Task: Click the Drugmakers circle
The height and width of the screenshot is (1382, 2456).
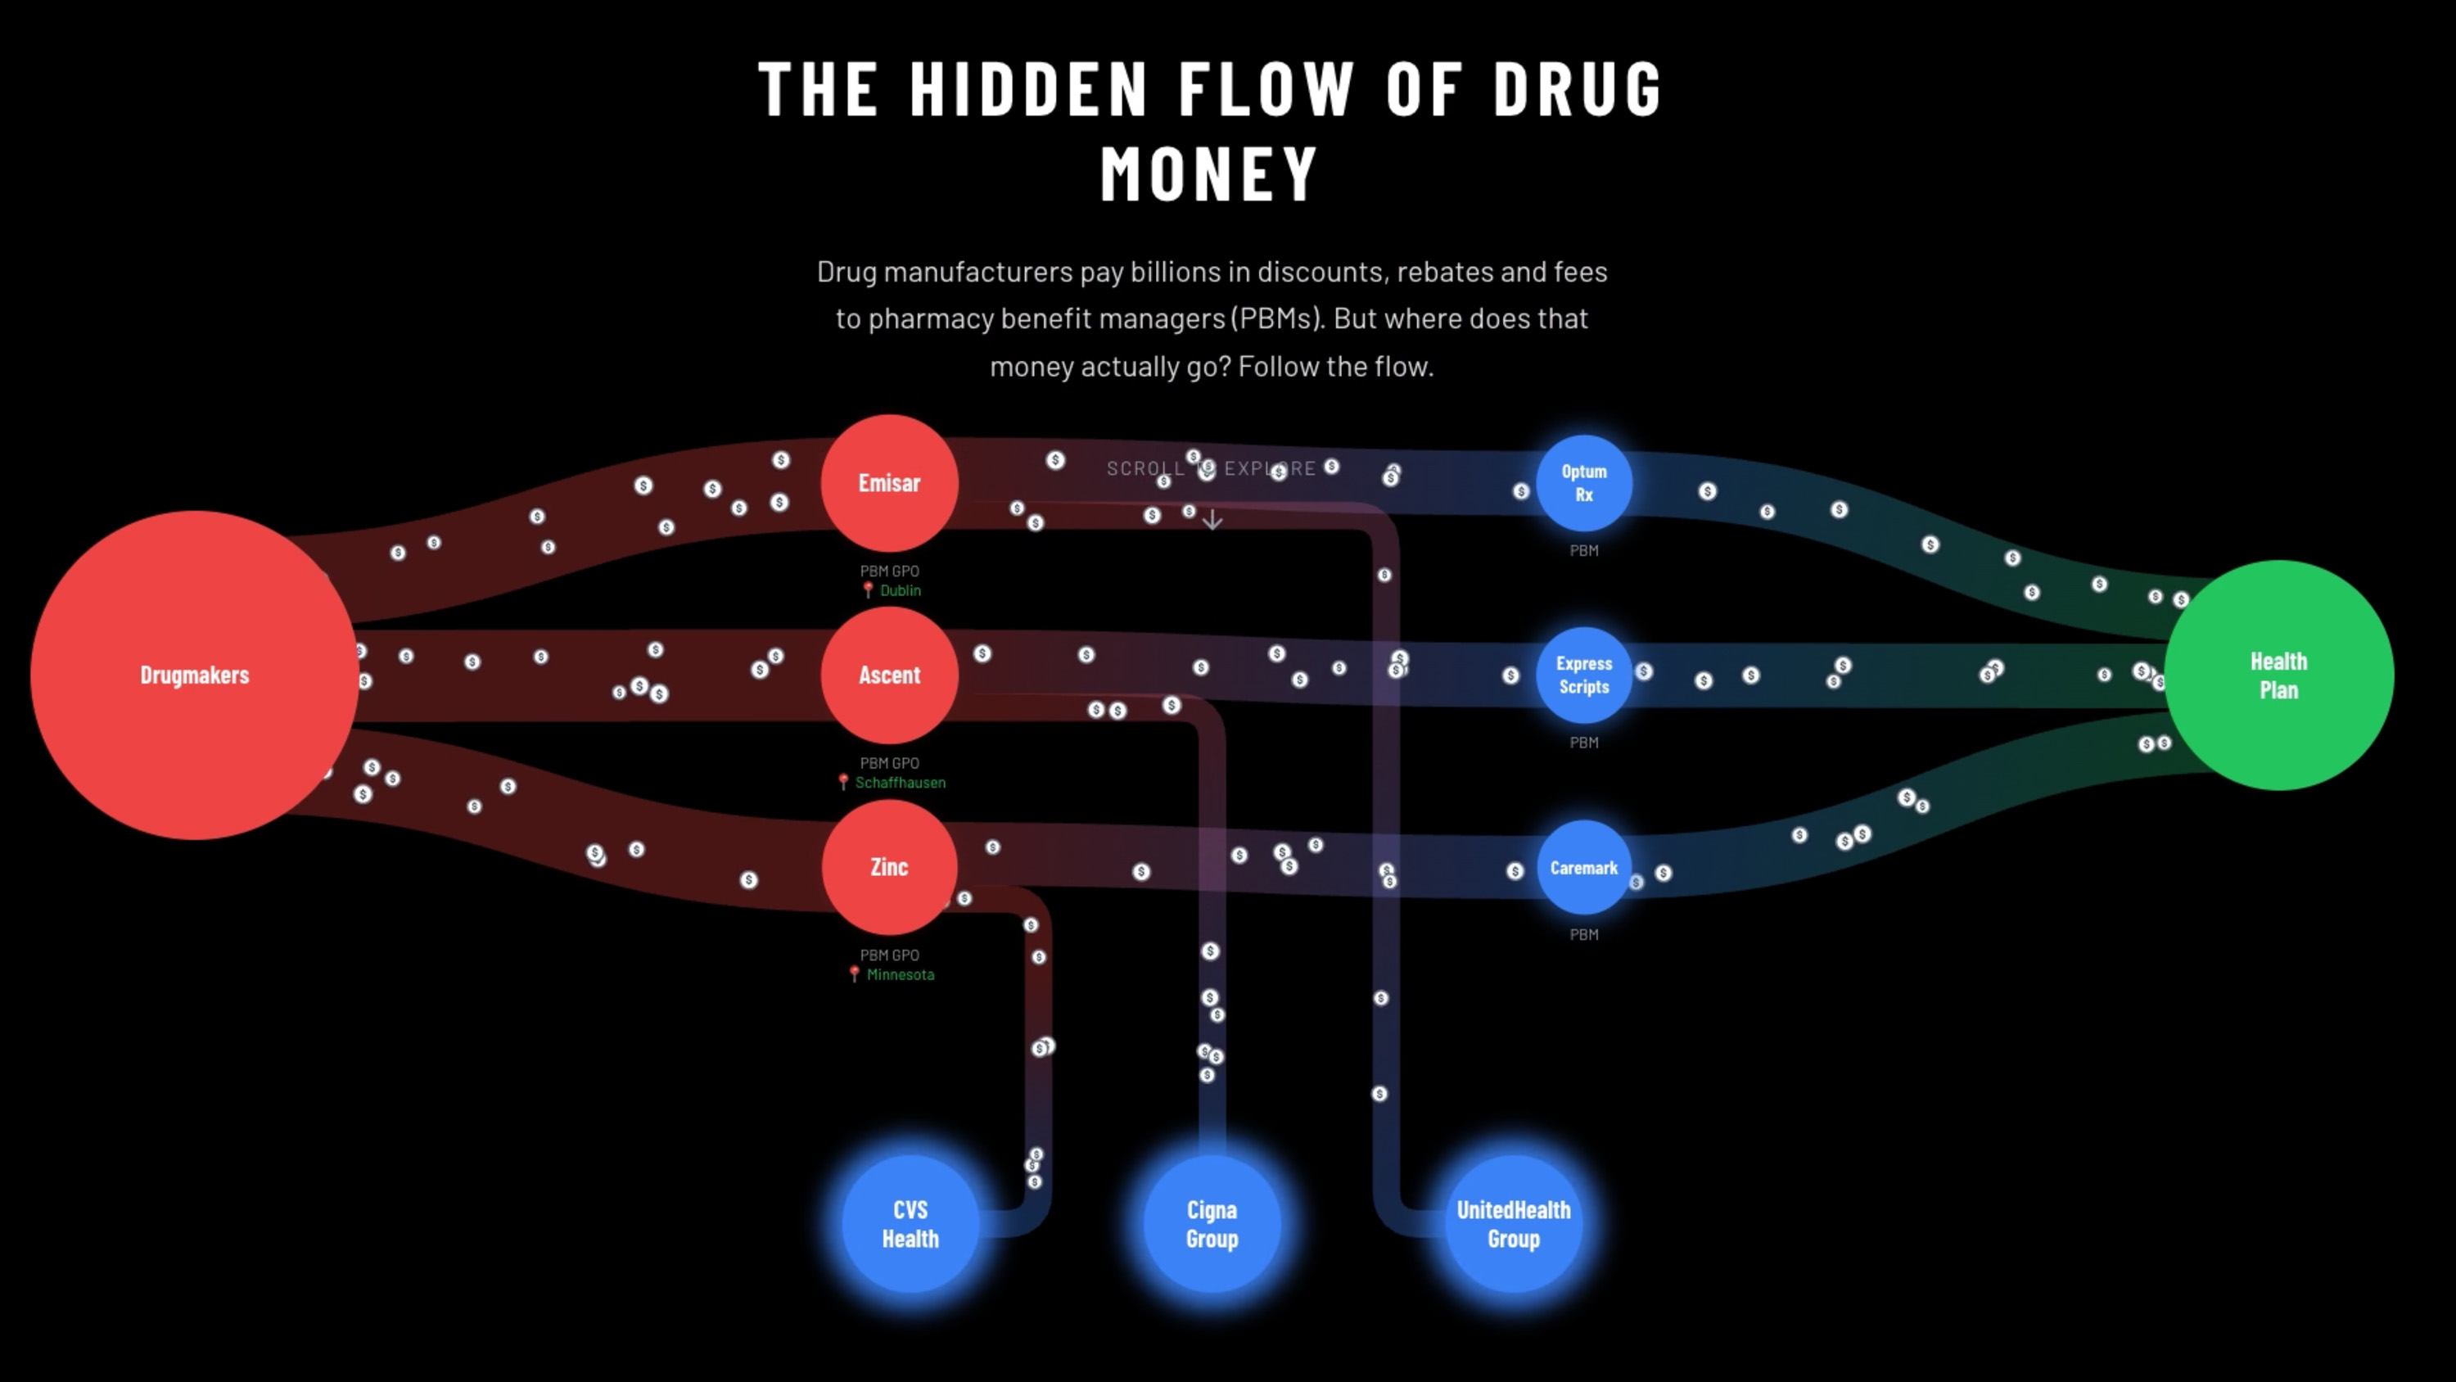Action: pos(195,675)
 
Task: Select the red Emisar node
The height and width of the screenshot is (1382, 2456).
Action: pos(888,482)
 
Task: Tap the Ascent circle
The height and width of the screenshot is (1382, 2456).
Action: pos(888,675)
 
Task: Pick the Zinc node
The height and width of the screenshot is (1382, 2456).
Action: pos(888,867)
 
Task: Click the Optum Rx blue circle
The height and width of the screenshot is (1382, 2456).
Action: pos(1583,482)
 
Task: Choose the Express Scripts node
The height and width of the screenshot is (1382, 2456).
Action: pos(1583,675)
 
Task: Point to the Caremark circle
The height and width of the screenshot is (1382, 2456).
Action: pos(1583,868)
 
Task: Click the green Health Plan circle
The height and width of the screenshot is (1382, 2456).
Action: pos(2278,675)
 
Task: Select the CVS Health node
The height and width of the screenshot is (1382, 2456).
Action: pos(910,1224)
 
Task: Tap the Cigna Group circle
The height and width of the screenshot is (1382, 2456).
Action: pos(1212,1224)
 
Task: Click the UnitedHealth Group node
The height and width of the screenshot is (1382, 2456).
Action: pos(1513,1224)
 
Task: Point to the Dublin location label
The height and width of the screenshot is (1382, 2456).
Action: pos(899,590)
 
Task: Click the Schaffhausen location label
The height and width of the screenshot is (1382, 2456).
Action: pos(899,782)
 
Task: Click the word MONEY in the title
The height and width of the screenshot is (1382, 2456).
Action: pos(1210,174)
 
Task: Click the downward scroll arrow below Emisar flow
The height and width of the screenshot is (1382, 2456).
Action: pos(1212,520)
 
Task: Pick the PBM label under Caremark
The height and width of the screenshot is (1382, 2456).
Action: pos(1583,935)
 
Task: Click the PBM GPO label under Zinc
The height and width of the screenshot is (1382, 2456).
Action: pos(888,955)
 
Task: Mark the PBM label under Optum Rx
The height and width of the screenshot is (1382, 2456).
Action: pos(1583,550)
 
